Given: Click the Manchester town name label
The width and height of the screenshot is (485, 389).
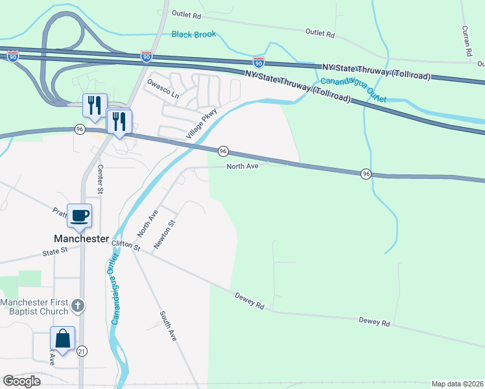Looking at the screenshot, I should (81, 239).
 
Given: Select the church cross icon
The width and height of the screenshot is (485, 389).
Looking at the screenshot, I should (78, 305).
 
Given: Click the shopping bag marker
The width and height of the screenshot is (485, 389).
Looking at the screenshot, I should (63, 338).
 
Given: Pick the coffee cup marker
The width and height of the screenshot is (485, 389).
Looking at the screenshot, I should (80, 216).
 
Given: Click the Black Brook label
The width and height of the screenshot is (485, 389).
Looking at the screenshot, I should (194, 34).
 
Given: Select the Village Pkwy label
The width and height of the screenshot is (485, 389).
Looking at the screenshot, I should (200, 124).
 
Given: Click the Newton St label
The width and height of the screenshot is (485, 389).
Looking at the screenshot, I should (165, 234).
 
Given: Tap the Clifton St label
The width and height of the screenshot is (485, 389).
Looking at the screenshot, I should (126, 245).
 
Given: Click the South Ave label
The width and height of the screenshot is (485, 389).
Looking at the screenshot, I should (168, 326).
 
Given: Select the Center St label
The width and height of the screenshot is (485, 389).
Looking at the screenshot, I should (101, 179).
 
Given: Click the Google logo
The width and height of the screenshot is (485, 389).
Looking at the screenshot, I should (21, 381).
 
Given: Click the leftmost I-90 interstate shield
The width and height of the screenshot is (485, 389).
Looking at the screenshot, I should (13, 57).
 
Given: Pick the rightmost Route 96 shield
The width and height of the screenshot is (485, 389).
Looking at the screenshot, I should (366, 174).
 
